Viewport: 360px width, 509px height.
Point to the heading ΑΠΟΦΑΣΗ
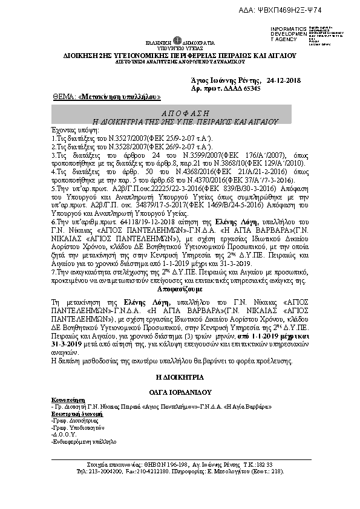[x=177, y=114]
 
